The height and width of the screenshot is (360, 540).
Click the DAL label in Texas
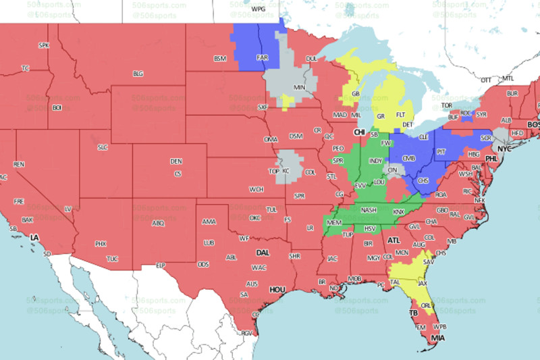click(x=263, y=253)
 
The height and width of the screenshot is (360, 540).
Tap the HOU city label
click(x=277, y=290)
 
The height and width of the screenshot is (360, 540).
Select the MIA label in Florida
click(x=437, y=338)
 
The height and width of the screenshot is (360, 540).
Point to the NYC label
click(x=506, y=147)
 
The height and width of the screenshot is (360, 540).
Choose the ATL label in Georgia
click(x=394, y=239)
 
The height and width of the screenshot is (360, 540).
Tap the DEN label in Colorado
click(x=176, y=161)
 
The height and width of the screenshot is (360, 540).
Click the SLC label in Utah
click(x=103, y=147)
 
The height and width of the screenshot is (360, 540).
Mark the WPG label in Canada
click(x=258, y=9)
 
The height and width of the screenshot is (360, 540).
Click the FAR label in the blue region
click(x=262, y=57)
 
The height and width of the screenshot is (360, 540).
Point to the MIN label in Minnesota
click(x=299, y=88)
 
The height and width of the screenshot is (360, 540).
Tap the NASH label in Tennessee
click(x=369, y=210)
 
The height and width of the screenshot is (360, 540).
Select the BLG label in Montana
click(x=138, y=74)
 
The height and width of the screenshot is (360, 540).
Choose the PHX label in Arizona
click(x=101, y=244)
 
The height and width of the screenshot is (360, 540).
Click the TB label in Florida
click(x=413, y=313)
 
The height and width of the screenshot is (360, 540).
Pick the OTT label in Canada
click(x=485, y=80)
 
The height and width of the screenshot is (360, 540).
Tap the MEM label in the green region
click(x=333, y=222)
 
